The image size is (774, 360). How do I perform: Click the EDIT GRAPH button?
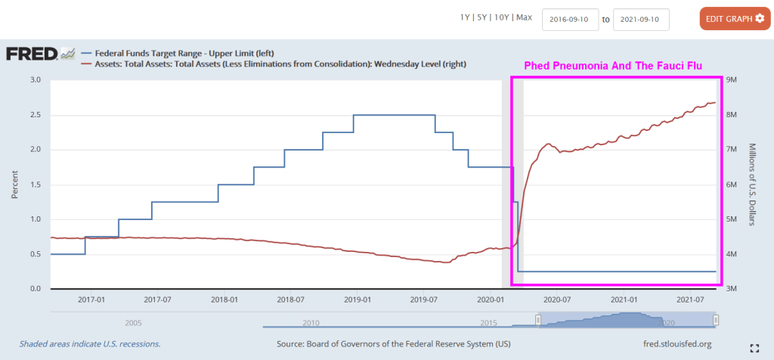click(x=735, y=18)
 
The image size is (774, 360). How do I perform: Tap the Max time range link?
click(x=525, y=17)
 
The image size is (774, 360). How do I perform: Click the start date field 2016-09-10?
click(x=570, y=19)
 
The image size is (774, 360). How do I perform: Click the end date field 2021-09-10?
click(x=641, y=19)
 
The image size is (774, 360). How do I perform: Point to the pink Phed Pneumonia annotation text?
click(x=614, y=67)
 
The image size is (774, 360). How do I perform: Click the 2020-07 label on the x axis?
click(x=556, y=299)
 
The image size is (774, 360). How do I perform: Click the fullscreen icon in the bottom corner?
click(x=753, y=348)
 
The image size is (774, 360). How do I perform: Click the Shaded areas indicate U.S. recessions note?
click(x=89, y=344)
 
